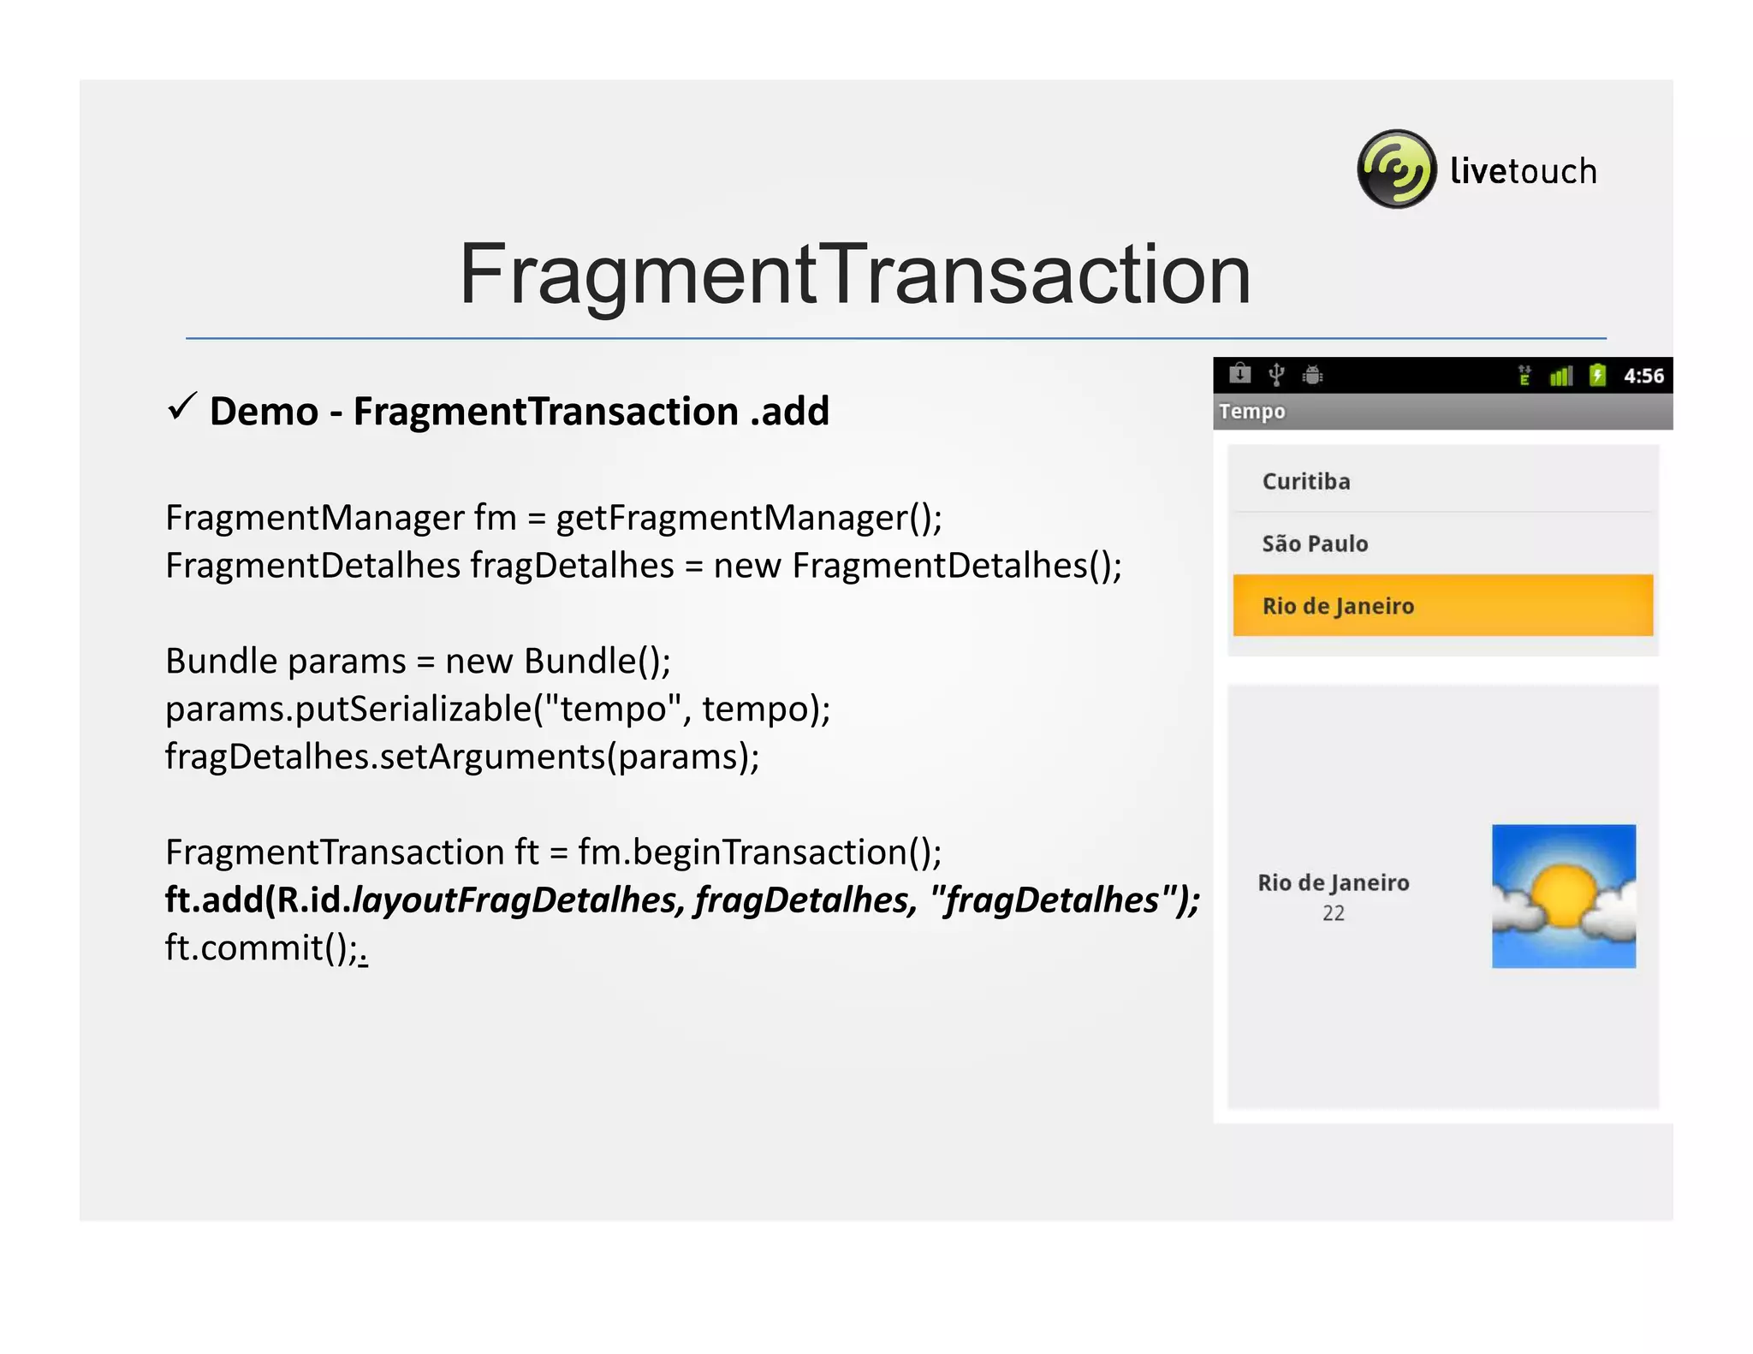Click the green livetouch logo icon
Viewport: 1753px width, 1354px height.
coord(1396,169)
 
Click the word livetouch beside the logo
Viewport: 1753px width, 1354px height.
coord(1523,171)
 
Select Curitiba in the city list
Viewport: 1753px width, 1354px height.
coord(1306,481)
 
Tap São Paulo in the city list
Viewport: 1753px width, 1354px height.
coord(1315,543)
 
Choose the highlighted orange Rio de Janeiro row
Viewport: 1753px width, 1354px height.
coord(1442,605)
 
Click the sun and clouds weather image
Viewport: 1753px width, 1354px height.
coord(1563,896)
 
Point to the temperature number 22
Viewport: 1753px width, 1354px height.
coord(1333,913)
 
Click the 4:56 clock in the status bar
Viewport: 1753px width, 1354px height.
coord(1643,376)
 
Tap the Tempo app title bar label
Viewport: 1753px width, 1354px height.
coord(1252,412)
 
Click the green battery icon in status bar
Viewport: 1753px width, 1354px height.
coord(1597,375)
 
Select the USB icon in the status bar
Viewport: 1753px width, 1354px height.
coord(1276,374)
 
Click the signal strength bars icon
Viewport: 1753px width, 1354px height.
coord(1560,375)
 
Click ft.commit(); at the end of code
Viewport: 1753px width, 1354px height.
coord(262,947)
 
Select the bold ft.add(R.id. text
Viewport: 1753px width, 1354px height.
coord(258,900)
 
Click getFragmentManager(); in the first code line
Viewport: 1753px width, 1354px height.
coord(749,518)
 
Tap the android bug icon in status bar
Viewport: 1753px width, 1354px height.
coord(1312,374)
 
